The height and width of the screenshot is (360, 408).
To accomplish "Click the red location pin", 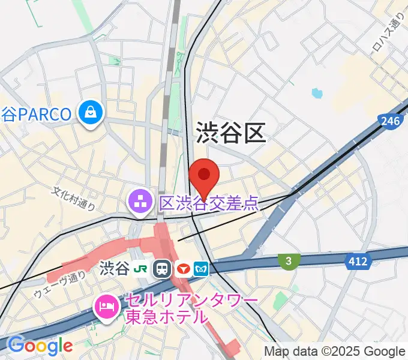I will tap(204, 175).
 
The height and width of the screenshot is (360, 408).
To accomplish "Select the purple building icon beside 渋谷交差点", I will tap(140, 203).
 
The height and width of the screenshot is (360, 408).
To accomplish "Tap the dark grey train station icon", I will tap(163, 268).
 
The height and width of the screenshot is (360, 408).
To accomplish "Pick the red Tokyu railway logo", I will tap(183, 268).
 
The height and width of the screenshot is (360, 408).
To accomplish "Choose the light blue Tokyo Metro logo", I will tap(202, 268).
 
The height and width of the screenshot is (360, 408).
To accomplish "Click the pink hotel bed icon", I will tap(106, 307).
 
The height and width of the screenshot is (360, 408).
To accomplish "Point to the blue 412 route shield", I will tap(358, 260).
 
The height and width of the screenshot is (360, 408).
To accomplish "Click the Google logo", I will tap(40, 345).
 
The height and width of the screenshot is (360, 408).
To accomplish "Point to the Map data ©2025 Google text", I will tap(335, 352).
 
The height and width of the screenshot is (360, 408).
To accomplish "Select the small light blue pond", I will tap(317, 94).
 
